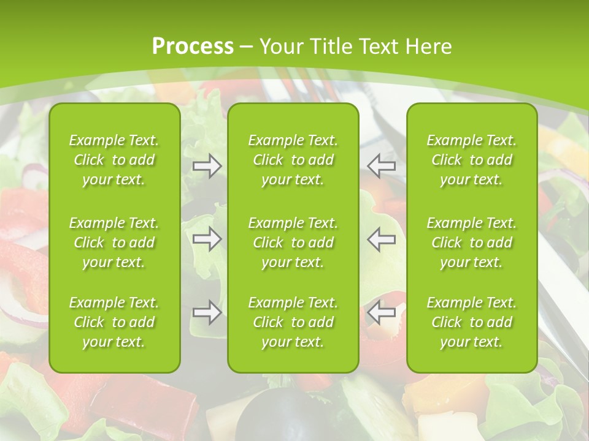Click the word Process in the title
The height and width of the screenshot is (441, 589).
193,47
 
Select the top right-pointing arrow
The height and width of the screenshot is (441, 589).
207,166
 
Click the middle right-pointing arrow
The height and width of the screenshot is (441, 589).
207,239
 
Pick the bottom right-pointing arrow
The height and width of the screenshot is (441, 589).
207,313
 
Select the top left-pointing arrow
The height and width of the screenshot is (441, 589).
381,166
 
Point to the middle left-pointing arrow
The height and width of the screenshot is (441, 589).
381,239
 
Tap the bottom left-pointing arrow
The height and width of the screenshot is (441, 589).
381,313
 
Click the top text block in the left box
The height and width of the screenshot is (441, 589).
114,160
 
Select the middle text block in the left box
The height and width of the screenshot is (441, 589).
114,243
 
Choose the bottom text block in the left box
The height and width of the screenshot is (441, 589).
114,322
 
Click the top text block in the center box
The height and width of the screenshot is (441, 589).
293,160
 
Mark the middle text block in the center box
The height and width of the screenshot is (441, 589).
293,243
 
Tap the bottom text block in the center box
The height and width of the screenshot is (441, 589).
293,322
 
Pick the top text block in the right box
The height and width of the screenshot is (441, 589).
472,160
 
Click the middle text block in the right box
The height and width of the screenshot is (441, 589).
472,243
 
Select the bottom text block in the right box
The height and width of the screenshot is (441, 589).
472,322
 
